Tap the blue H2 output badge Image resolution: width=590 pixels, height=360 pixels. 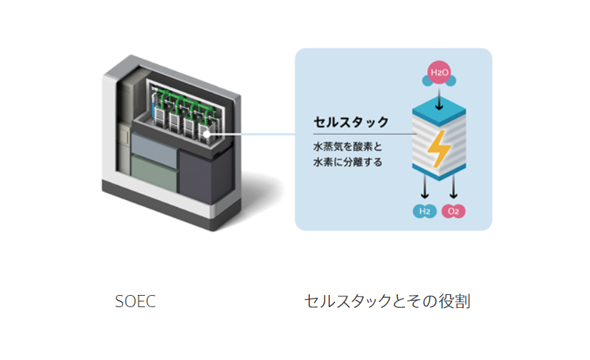click(x=424, y=211)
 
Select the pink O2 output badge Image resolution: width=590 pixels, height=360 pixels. click(x=453, y=211)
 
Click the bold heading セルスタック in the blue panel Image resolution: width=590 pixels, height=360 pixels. click(x=351, y=122)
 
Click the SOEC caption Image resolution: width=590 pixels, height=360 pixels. click(x=135, y=301)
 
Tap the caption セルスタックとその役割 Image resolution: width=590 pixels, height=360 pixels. click(x=387, y=301)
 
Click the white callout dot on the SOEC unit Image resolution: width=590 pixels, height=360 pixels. click(x=206, y=134)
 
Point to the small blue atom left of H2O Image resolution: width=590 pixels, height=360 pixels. click(x=427, y=81)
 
